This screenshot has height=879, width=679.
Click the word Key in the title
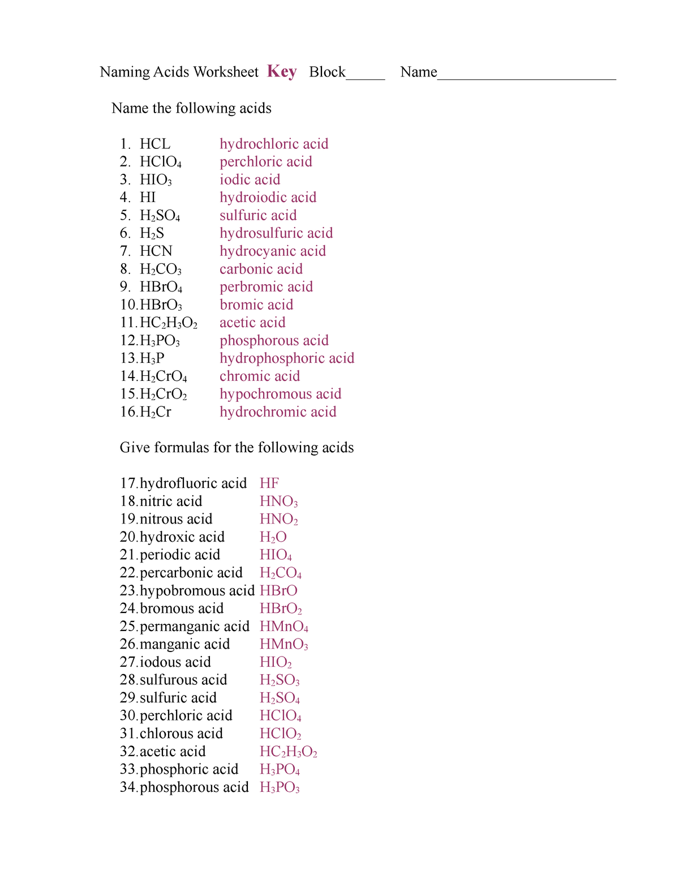[x=282, y=72]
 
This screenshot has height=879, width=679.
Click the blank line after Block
[x=366, y=77]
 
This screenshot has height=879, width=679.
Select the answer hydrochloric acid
[x=274, y=144]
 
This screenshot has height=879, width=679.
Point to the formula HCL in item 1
[x=155, y=144]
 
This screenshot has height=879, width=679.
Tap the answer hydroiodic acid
[x=268, y=198]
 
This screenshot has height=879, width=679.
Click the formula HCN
[x=156, y=251]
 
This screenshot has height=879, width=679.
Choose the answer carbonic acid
[x=261, y=269]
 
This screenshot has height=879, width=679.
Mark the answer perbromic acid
[x=266, y=287]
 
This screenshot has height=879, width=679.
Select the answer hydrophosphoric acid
[x=287, y=358]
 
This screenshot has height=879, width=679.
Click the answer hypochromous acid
[x=280, y=394]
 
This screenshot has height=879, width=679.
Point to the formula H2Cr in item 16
[x=156, y=412]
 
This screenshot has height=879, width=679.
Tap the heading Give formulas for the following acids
[x=237, y=448]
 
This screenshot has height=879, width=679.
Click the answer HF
[x=269, y=483]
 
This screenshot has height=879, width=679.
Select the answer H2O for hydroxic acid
[x=273, y=537]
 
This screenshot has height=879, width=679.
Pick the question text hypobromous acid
[x=197, y=591]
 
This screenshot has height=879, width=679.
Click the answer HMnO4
[x=283, y=627]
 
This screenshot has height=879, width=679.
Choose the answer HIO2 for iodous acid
[x=276, y=662]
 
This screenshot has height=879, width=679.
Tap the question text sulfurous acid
[x=183, y=680]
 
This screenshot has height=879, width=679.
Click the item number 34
[x=128, y=787]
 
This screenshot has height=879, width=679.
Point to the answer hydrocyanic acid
[x=273, y=251]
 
